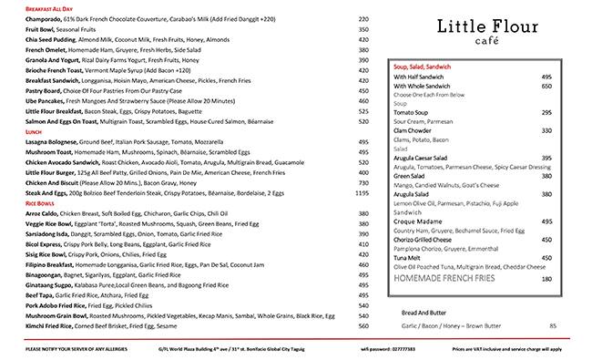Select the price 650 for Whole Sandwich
point(547,86)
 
